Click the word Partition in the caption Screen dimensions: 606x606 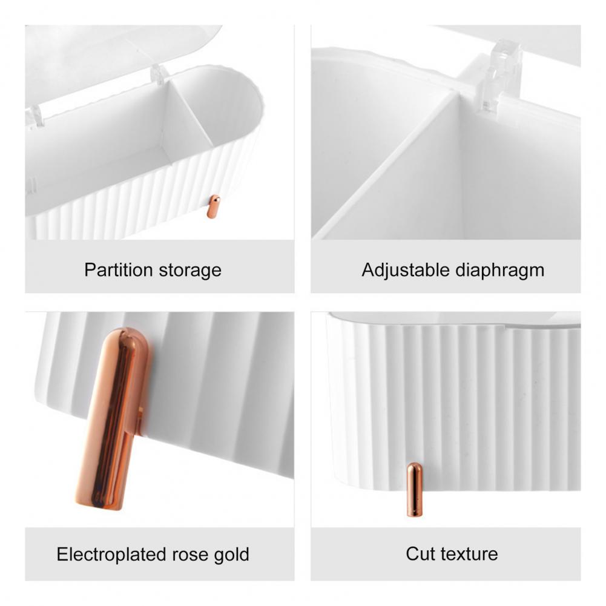(x=119, y=270)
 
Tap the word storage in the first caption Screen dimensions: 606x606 (x=190, y=271)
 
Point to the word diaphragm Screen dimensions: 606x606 (x=500, y=270)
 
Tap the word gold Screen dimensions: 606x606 (x=231, y=554)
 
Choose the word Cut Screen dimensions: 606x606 (x=421, y=554)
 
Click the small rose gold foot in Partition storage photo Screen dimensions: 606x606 (x=213, y=206)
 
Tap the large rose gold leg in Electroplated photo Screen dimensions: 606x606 (x=113, y=419)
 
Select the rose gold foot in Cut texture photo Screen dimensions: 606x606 (x=415, y=490)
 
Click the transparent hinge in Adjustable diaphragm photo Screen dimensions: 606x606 (x=501, y=75)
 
